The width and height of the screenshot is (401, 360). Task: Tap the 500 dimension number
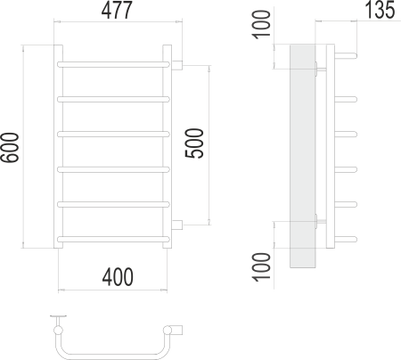click(x=198, y=143)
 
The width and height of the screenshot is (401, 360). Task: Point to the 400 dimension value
click(x=113, y=277)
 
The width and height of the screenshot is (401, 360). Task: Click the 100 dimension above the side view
click(x=259, y=24)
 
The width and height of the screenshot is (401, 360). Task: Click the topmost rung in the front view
click(x=113, y=64)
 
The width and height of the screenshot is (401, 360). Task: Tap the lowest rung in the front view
click(x=113, y=238)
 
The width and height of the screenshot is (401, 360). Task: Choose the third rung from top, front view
click(x=113, y=134)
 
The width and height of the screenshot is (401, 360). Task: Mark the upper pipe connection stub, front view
click(x=177, y=64)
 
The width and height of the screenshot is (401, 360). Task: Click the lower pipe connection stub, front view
click(x=177, y=223)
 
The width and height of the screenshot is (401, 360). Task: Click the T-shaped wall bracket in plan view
click(x=61, y=317)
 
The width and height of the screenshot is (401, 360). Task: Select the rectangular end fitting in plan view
click(x=177, y=331)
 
